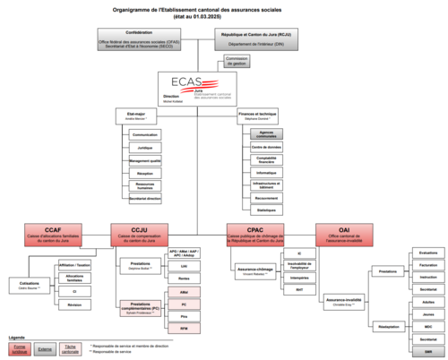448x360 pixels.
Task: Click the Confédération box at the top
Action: [141, 39]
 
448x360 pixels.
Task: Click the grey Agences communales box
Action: [264, 133]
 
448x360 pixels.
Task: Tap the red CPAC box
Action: [255, 233]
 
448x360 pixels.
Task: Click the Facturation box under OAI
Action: [427, 265]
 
